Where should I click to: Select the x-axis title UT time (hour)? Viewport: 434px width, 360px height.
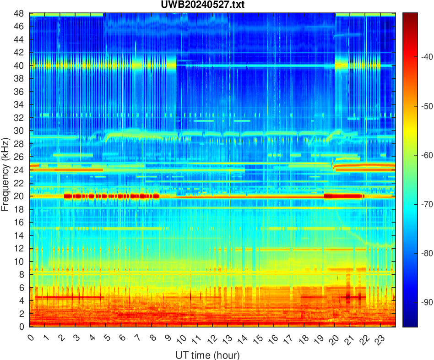[207, 355]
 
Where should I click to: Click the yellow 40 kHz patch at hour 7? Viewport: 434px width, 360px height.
[137, 65]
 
